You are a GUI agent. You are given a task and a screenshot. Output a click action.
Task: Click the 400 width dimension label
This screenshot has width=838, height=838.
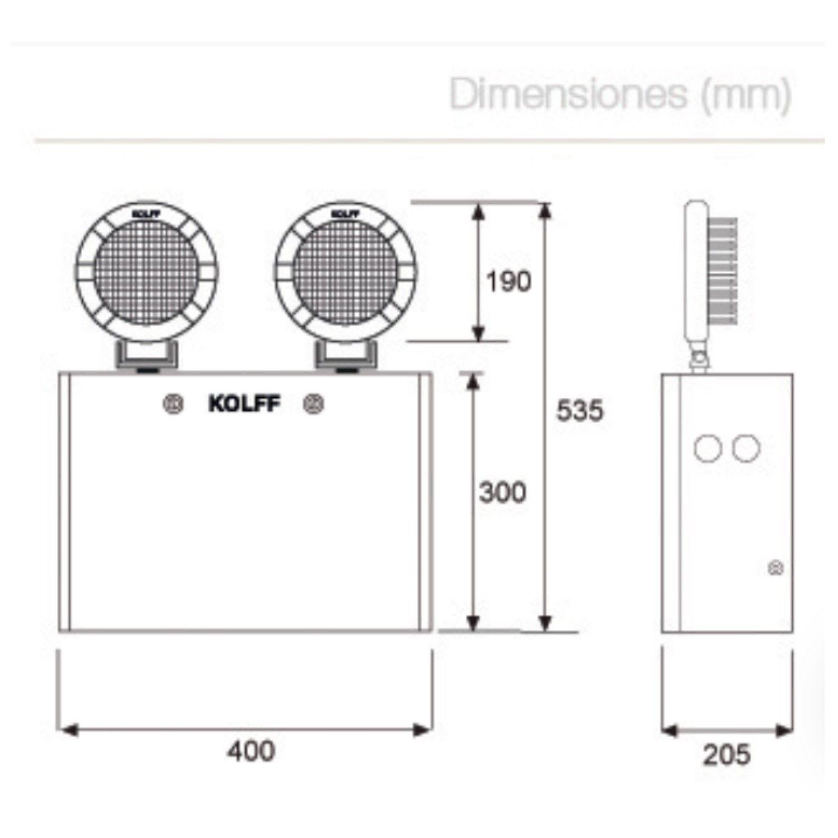click(251, 751)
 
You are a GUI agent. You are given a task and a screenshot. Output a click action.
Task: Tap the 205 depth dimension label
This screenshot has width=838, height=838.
click(727, 755)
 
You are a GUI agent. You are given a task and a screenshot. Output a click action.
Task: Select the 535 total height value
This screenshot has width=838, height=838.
click(580, 411)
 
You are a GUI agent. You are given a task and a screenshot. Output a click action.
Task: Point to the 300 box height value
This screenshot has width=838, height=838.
click(503, 493)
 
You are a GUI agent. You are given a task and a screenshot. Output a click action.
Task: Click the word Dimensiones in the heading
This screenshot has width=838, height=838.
click(569, 95)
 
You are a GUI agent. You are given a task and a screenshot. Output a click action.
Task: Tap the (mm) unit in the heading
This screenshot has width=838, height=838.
click(746, 96)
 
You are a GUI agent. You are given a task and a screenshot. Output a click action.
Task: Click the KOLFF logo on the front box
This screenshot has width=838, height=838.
click(244, 404)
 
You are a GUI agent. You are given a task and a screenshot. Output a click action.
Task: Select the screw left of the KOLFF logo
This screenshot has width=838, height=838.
click(174, 404)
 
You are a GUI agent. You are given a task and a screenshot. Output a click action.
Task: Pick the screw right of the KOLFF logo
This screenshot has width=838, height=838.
click(313, 404)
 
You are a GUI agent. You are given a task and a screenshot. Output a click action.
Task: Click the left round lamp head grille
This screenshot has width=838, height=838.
click(147, 272)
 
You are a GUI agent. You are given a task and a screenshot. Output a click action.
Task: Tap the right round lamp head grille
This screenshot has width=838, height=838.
click(346, 272)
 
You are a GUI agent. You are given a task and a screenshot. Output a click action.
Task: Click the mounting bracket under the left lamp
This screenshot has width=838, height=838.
click(147, 356)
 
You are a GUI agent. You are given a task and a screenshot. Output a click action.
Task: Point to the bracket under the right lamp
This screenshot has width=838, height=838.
click(346, 356)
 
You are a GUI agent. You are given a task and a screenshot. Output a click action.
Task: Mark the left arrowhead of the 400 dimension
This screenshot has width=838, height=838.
click(68, 730)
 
